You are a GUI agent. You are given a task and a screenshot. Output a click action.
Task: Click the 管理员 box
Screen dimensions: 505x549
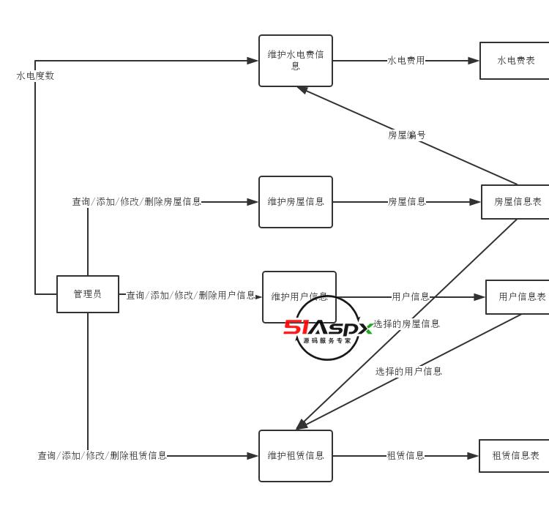coord(88,294)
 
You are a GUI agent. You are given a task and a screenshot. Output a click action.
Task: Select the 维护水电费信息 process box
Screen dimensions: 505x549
coord(296,61)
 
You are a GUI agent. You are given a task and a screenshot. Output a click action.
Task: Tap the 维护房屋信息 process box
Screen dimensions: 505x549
coord(296,202)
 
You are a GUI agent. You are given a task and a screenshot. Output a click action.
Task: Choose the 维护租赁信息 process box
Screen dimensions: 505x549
coord(296,456)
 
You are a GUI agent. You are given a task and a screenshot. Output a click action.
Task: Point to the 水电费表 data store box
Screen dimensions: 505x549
coord(515,61)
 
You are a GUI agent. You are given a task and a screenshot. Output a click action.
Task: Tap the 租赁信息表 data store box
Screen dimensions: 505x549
coord(515,456)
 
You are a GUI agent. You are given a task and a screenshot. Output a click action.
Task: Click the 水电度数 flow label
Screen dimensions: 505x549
coord(35,75)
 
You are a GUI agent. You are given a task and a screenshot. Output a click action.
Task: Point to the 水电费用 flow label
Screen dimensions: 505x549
coord(406,61)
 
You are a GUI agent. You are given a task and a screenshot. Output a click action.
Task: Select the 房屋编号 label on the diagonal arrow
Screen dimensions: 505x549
coord(407,135)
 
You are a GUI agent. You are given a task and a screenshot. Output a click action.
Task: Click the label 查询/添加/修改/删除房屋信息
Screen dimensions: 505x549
coord(136,202)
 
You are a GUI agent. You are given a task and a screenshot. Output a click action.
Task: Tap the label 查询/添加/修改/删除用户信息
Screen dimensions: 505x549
coord(190,296)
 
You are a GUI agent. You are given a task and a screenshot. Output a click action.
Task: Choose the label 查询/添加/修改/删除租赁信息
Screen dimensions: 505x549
coord(102,456)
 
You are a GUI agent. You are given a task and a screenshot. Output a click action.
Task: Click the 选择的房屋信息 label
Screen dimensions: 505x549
coord(407,324)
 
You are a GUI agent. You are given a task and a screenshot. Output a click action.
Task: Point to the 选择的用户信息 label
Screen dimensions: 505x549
coord(408,371)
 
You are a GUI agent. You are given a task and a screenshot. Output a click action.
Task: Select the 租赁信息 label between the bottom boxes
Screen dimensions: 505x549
coord(406,456)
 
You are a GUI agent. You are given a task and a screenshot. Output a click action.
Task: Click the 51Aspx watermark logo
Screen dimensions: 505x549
coord(327,329)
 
